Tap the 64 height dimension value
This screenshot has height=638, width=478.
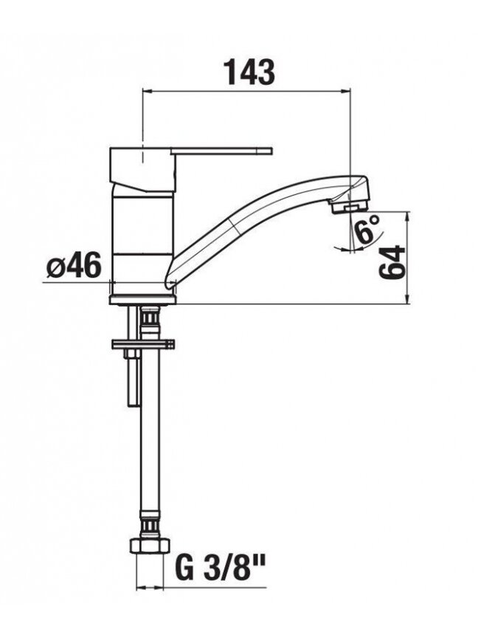[x=392, y=262]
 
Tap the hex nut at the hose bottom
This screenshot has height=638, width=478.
[x=150, y=546]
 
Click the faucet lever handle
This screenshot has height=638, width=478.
[x=221, y=151]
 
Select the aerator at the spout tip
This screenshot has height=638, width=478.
[x=348, y=207]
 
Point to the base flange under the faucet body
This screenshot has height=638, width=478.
[x=143, y=300]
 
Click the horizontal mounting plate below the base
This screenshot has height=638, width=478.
[x=143, y=344]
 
